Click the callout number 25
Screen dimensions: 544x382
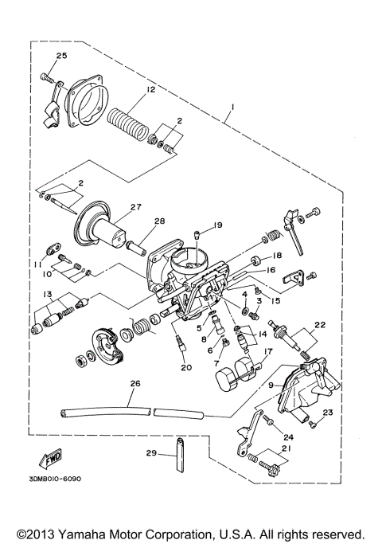61,55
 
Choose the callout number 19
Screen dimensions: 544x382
217,226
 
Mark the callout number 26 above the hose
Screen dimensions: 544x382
134,383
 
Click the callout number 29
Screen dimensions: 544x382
151,454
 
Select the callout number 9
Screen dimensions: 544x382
272,385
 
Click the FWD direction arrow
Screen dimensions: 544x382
49,460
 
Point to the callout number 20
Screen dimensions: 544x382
186,367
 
